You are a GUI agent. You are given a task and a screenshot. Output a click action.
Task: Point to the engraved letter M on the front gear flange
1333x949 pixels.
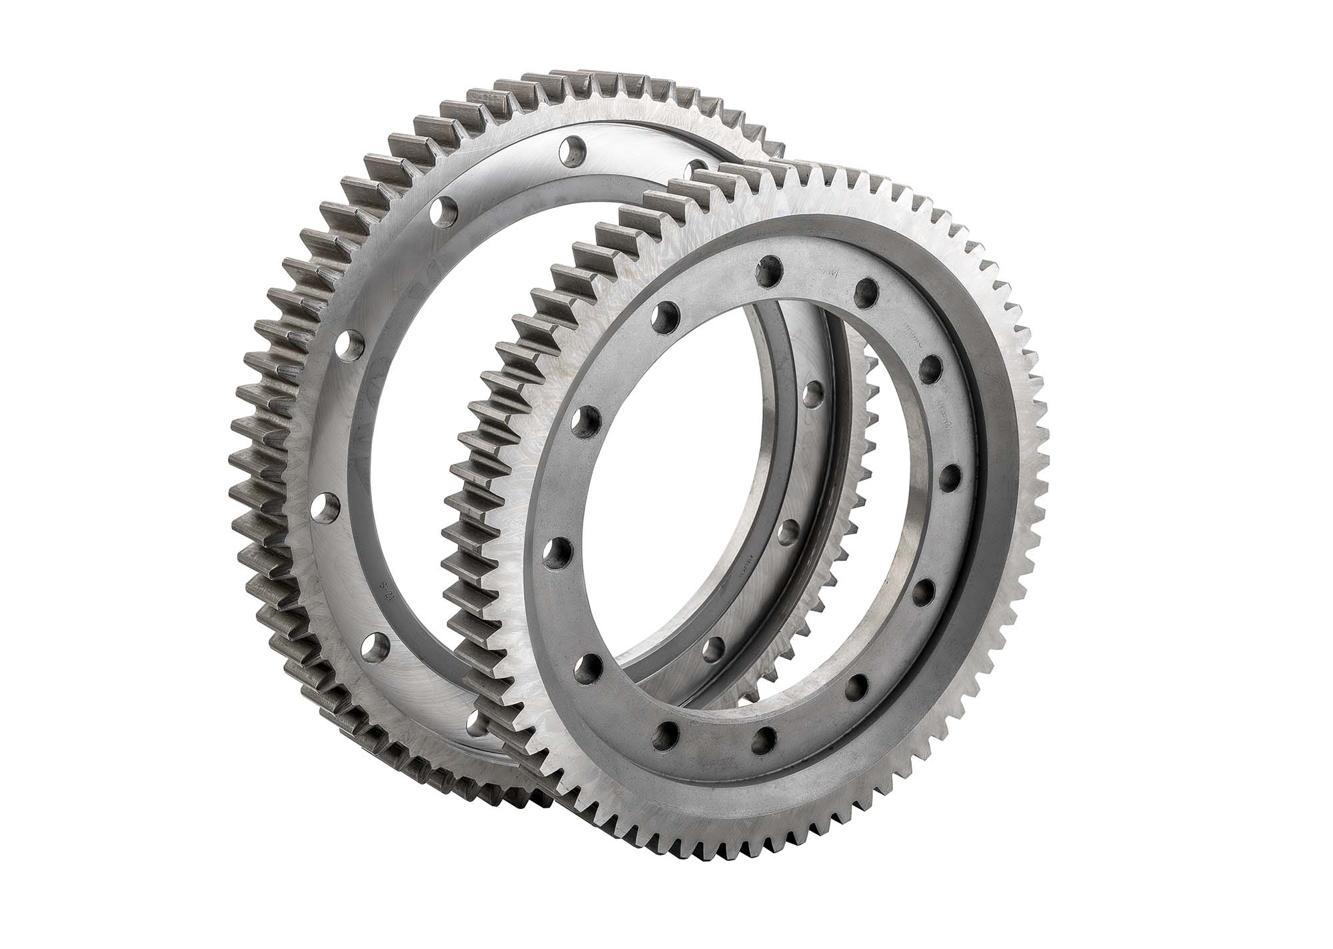825,273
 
